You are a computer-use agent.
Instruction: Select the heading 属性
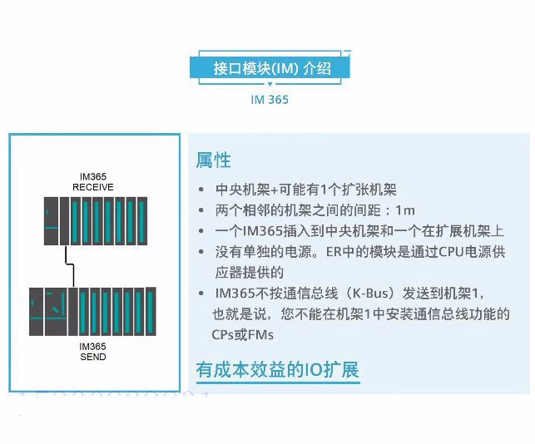click(x=213, y=160)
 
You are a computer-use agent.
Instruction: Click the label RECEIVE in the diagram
click(x=92, y=187)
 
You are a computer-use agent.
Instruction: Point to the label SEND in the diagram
click(x=92, y=357)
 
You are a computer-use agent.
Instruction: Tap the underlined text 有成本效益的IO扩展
click(x=277, y=369)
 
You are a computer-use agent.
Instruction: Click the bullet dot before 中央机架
click(x=202, y=190)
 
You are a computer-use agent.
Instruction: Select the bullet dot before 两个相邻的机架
click(x=202, y=210)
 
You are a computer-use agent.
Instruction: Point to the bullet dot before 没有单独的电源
click(x=202, y=252)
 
